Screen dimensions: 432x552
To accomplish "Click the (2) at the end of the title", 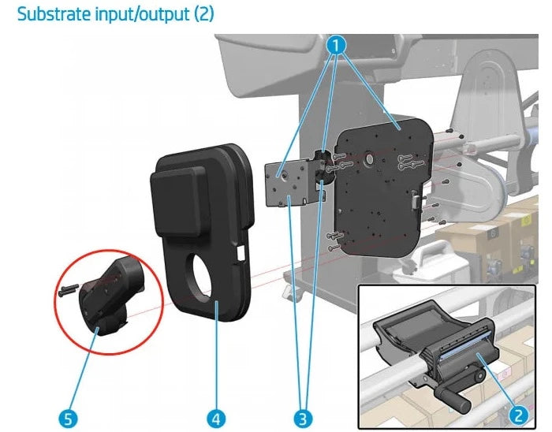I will pyautogui.click(x=203, y=14).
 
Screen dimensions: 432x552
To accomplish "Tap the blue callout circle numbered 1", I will pyautogui.click(x=338, y=45).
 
